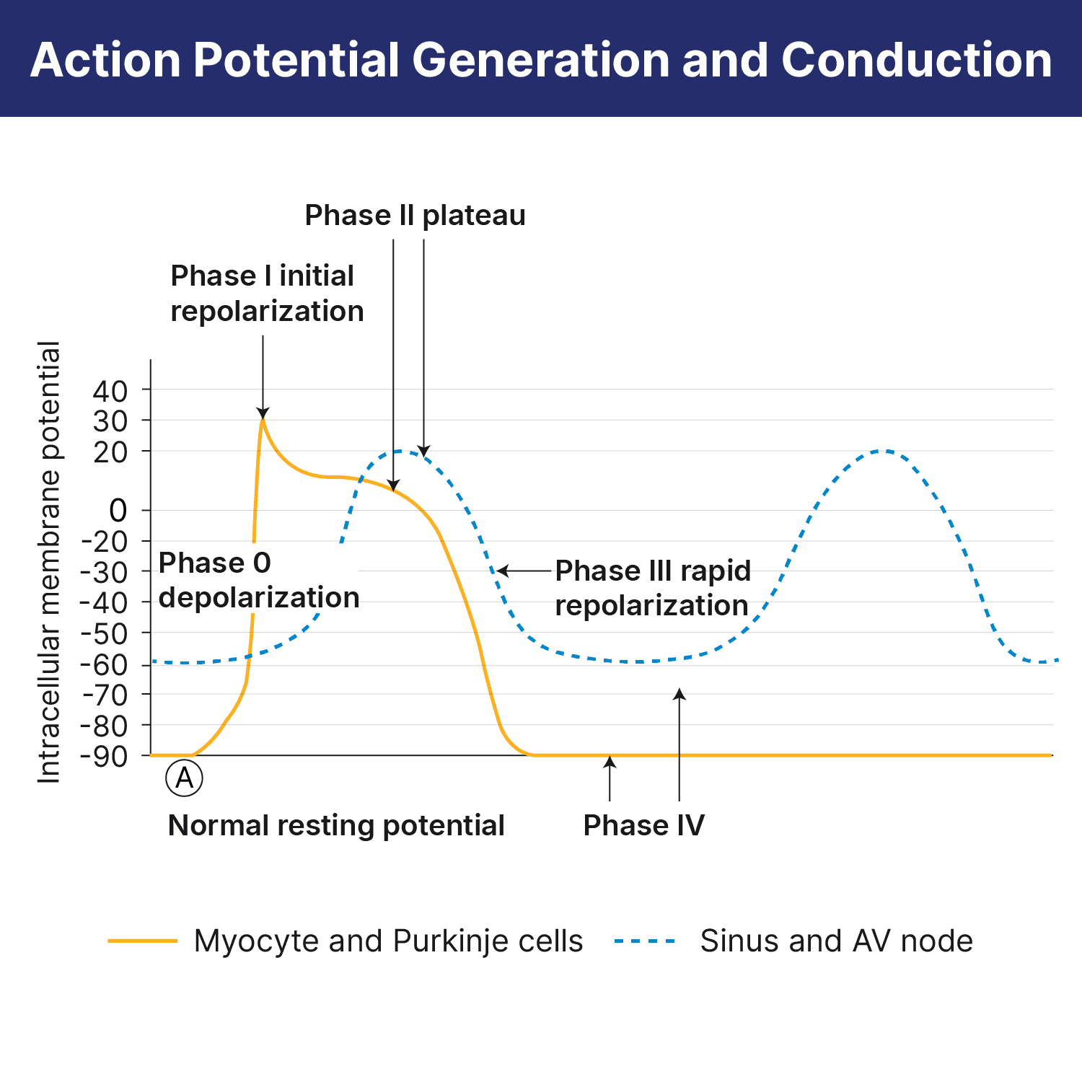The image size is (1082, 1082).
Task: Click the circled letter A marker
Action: (185, 778)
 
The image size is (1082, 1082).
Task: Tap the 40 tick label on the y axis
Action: (110, 391)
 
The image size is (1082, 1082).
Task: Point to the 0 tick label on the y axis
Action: (118, 511)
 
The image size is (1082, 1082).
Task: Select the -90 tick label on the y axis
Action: (104, 756)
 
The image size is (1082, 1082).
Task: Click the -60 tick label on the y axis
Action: (104, 664)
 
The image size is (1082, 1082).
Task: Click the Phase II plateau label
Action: (415, 215)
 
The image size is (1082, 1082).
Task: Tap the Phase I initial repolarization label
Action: (267, 293)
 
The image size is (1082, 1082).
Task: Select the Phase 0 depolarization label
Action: (258, 580)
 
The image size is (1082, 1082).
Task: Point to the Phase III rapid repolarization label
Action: (652, 588)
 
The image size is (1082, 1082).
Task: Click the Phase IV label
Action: (643, 825)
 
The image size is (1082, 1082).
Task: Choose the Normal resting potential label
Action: (336, 825)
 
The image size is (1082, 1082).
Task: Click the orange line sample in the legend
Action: (143, 941)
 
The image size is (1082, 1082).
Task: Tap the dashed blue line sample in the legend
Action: (645, 941)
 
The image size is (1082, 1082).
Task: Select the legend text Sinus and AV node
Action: (836, 941)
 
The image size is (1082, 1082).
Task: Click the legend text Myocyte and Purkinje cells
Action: (388, 941)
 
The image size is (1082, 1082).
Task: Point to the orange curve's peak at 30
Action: (263, 419)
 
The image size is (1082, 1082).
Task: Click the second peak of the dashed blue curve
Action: (881, 451)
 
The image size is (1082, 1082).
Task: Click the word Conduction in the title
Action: (916, 59)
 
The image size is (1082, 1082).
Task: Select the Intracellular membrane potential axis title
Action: (48, 563)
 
